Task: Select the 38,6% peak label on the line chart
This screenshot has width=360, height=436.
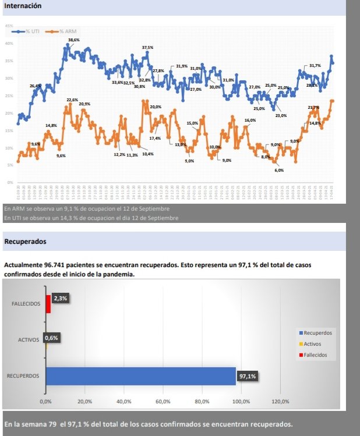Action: (74, 40)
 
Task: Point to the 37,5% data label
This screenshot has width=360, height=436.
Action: (147, 48)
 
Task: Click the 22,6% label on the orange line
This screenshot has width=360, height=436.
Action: (72, 100)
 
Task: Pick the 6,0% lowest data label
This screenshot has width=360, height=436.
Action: (279, 171)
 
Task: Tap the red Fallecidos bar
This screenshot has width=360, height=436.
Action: (48, 304)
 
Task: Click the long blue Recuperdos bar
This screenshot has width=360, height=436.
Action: (140, 376)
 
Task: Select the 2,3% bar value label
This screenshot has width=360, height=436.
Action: (60, 298)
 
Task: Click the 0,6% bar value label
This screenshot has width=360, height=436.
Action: (52, 337)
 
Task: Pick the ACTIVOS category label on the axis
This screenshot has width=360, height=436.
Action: (29, 339)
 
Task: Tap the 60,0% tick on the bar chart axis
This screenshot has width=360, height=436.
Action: (163, 402)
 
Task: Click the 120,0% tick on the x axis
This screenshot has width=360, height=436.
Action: (280, 402)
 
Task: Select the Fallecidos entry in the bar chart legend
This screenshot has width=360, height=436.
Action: (315, 355)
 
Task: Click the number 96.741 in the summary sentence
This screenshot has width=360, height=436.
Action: (57, 265)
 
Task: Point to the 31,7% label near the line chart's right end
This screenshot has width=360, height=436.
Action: (315, 66)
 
